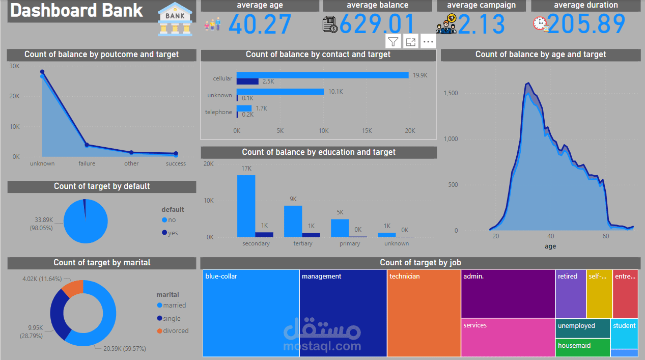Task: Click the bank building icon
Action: [x=175, y=18]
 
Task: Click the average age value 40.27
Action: [x=260, y=24]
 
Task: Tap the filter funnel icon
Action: [x=393, y=42]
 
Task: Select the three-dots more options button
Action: [x=428, y=42]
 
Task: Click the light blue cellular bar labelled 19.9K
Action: [x=322, y=75]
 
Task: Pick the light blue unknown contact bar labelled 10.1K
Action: [x=280, y=92]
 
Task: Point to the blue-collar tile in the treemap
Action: [x=250, y=313]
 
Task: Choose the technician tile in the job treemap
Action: [x=424, y=313]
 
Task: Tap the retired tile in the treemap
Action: [x=570, y=294]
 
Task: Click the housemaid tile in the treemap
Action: [x=582, y=347]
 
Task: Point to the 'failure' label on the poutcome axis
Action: [x=87, y=163]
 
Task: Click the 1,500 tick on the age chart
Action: [x=451, y=93]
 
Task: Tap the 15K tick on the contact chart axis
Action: [x=367, y=131]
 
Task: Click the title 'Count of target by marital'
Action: [x=102, y=263]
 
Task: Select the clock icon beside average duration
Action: [x=540, y=23]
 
